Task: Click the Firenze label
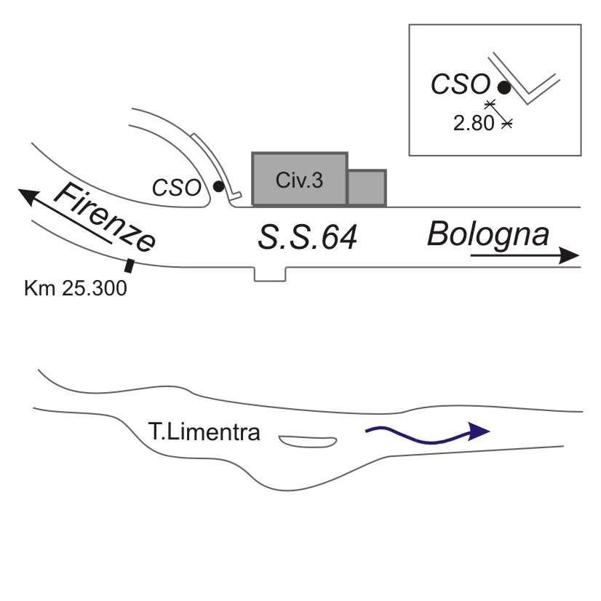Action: (106, 218)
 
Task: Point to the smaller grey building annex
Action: (366, 188)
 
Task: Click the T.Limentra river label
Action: (206, 435)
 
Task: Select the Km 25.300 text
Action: (76, 288)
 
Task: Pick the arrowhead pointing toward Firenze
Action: (29, 194)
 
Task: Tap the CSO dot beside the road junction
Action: (218, 187)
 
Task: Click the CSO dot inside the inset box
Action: (503, 87)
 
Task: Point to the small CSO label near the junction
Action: (177, 188)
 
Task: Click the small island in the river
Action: (307, 441)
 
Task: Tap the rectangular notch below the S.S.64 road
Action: (270, 274)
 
